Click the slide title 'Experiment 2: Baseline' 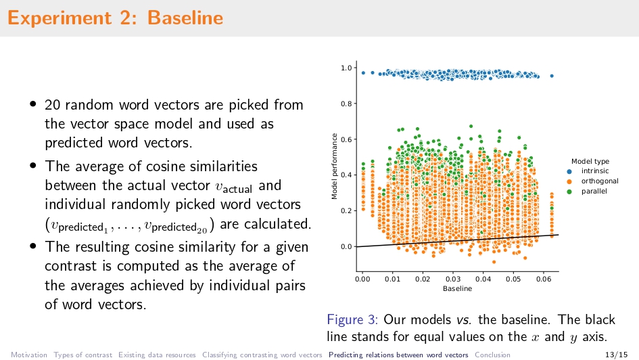pyautogui.click(x=115, y=18)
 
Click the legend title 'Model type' pyautogui.click(x=590, y=161)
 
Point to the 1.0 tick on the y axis pyautogui.click(x=345, y=68)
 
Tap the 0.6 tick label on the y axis pyautogui.click(x=345, y=139)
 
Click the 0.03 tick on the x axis pyautogui.click(x=452, y=279)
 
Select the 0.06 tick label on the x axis pyautogui.click(x=543, y=279)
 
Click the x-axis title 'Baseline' pyautogui.click(x=457, y=289)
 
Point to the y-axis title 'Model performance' pyautogui.click(x=334, y=166)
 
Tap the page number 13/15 pyautogui.click(x=618, y=355)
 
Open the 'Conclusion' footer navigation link pyautogui.click(x=492, y=355)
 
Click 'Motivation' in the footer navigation pyautogui.click(x=29, y=355)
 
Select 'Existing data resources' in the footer pyautogui.click(x=157, y=355)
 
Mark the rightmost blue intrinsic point pyautogui.click(x=552, y=76)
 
